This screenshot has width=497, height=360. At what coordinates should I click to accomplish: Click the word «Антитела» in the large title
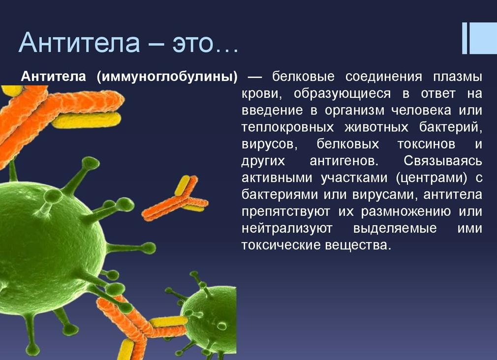(x=79, y=43)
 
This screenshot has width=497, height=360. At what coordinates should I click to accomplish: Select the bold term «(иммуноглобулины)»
(x=168, y=77)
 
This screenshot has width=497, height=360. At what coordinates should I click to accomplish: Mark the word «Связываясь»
(x=443, y=161)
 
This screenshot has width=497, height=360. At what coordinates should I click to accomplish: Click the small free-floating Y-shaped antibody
(x=177, y=199)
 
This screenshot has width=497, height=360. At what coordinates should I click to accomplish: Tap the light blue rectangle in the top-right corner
(x=482, y=38)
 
